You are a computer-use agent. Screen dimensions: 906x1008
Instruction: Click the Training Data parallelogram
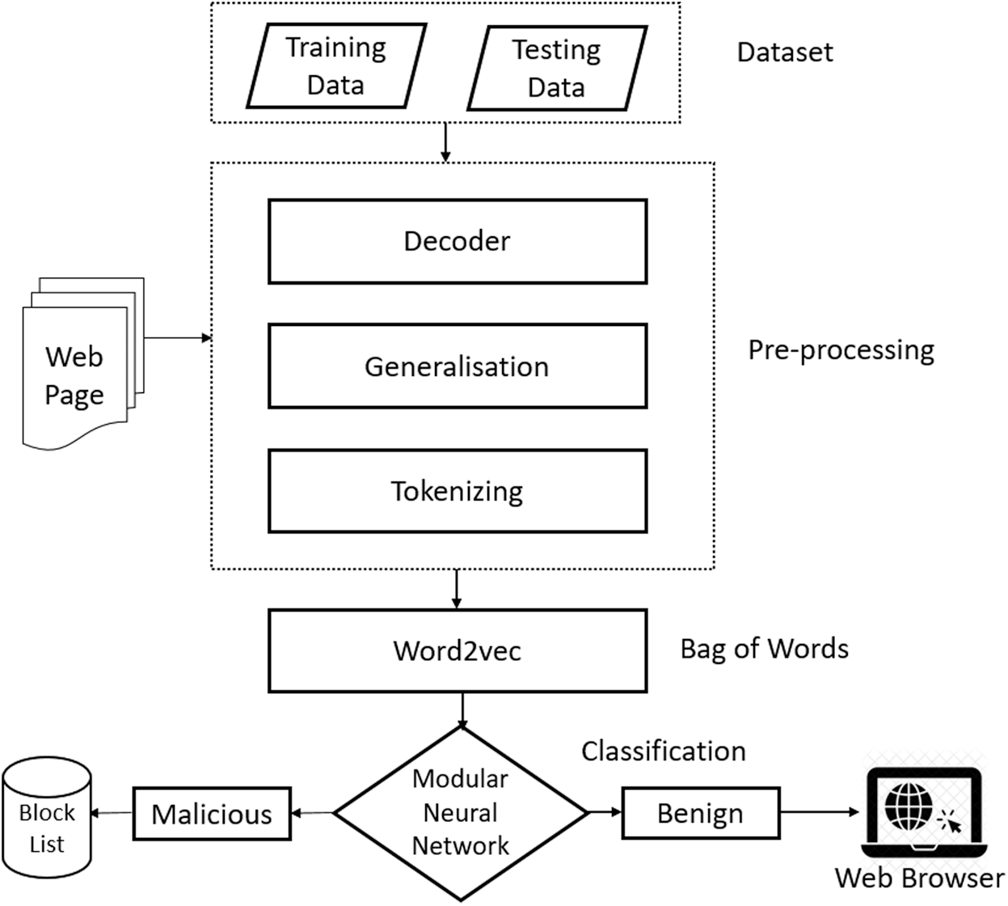click(x=335, y=66)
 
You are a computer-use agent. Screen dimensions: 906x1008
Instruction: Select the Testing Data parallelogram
click(x=557, y=69)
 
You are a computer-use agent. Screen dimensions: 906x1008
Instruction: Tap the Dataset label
click(x=784, y=53)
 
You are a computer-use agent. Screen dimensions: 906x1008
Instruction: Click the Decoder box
click(x=458, y=241)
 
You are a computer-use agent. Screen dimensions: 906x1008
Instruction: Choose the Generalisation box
click(x=458, y=366)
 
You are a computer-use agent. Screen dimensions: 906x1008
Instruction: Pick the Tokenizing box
click(x=458, y=491)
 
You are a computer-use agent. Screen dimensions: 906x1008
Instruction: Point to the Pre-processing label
click(x=841, y=349)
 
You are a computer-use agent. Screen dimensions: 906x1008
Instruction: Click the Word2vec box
click(x=458, y=651)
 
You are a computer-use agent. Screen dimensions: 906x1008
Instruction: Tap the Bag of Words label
click(x=764, y=649)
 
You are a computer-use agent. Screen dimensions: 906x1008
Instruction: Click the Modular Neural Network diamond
click(x=461, y=812)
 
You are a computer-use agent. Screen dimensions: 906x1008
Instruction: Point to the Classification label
click(x=663, y=751)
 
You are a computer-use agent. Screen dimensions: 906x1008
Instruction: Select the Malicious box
click(x=212, y=814)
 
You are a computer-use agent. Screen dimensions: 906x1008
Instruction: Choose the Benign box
click(x=700, y=813)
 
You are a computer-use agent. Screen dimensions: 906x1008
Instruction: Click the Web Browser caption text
click(x=919, y=878)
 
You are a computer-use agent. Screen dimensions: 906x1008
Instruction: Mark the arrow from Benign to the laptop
click(x=820, y=812)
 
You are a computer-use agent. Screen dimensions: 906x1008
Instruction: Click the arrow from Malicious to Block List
click(x=112, y=814)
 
